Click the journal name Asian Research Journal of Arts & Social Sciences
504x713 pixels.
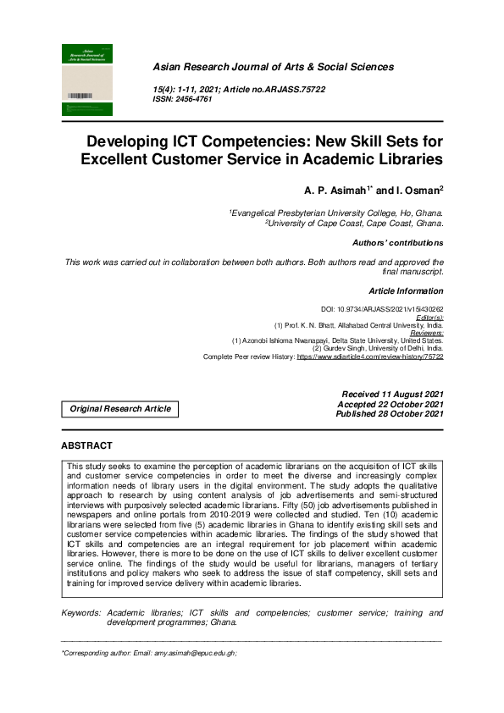[273, 67]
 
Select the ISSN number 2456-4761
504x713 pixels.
[194, 99]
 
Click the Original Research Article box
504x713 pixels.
[120, 409]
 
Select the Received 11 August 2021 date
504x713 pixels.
[392, 395]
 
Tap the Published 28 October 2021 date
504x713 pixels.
[390, 414]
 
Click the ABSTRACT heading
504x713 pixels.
[86, 445]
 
